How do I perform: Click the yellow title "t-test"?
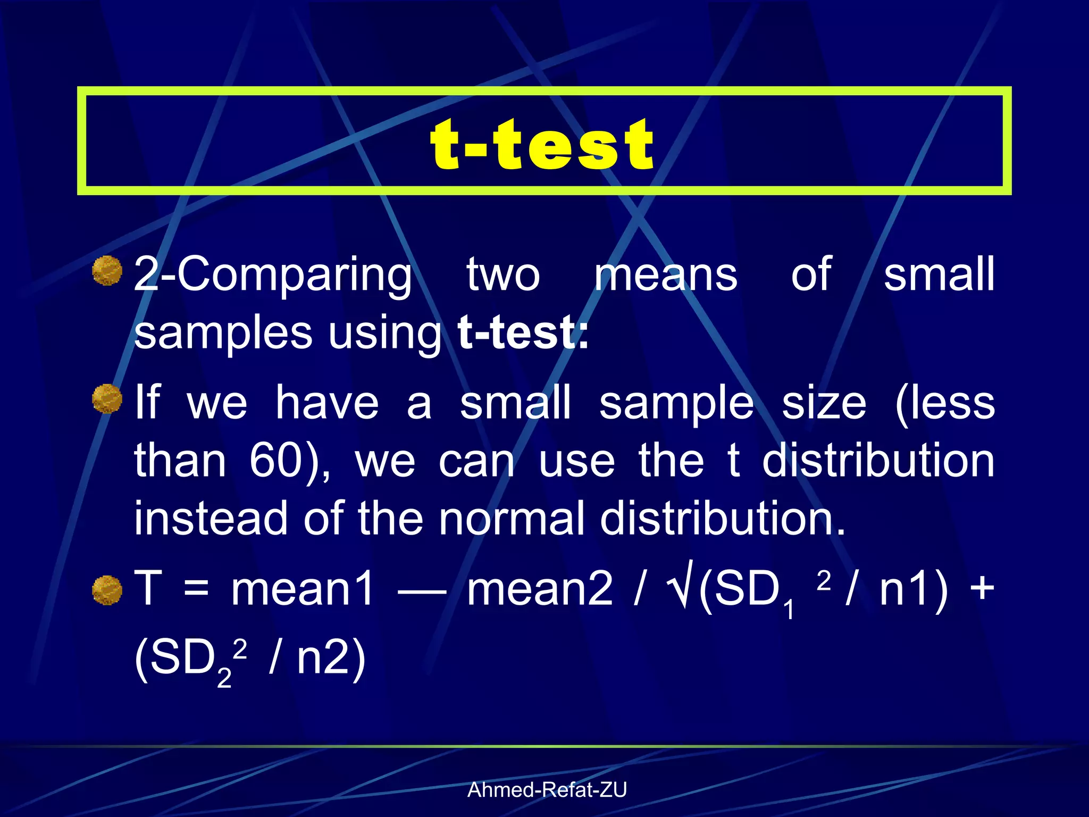[542, 144]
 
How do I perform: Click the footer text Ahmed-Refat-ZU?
[547, 790]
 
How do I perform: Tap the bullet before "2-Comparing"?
[107, 271]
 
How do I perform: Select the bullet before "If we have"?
[107, 399]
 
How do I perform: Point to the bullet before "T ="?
[107, 590]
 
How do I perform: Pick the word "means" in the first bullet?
[666, 274]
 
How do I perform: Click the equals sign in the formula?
[196, 589]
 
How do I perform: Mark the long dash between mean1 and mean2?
[422, 590]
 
